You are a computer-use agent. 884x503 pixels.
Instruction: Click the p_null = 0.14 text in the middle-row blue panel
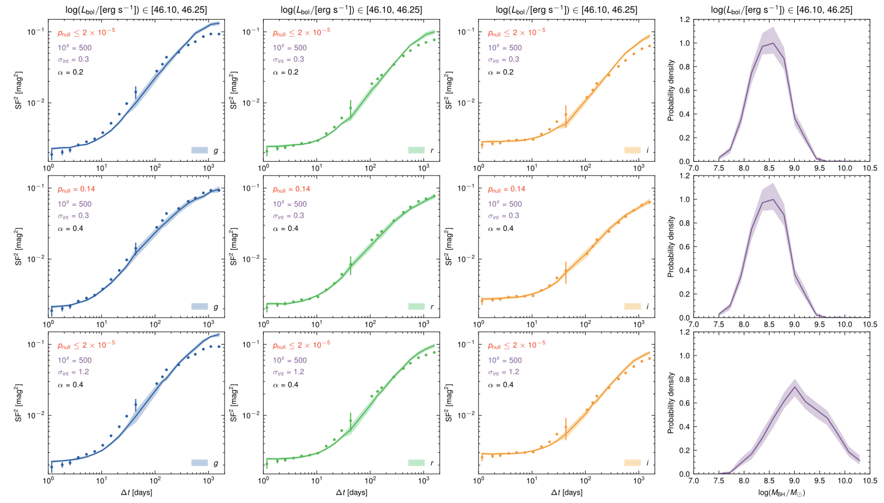click(x=76, y=189)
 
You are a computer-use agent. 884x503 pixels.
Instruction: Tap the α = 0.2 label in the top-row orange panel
click(x=501, y=72)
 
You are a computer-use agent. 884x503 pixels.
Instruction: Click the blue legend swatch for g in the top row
click(x=199, y=150)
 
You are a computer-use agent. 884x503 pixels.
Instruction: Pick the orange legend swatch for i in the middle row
click(x=632, y=307)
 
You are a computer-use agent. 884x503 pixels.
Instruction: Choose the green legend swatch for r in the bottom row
click(x=417, y=463)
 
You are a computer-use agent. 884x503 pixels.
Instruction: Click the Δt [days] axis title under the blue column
click(x=136, y=492)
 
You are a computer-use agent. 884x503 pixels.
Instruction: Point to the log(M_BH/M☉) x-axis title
click(x=781, y=493)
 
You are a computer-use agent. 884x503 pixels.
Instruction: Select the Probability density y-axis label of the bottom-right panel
click(x=671, y=403)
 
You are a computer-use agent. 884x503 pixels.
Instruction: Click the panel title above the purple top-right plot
click(x=781, y=9)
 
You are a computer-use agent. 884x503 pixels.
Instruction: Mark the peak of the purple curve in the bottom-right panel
click(x=794, y=387)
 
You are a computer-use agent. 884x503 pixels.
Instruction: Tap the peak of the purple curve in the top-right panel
click(x=773, y=43)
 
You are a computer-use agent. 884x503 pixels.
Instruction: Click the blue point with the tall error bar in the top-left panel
click(x=136, y=92)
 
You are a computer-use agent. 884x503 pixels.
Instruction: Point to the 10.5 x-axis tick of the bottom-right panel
click(x=870, y=481)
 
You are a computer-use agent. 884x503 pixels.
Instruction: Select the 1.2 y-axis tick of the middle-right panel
click(x=685, y=176)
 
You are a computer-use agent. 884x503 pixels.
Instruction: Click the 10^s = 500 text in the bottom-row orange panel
click(x=505, y=360)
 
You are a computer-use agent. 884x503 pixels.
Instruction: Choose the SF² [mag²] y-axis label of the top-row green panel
click(x=234, y=90)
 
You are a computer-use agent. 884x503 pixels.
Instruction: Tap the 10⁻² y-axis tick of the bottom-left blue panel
click(x=35, y=415)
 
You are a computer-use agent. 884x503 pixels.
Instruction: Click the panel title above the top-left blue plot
click(x=136, y=9)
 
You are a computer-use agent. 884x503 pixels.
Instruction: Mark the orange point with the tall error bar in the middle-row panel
click(x=565, y=271)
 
